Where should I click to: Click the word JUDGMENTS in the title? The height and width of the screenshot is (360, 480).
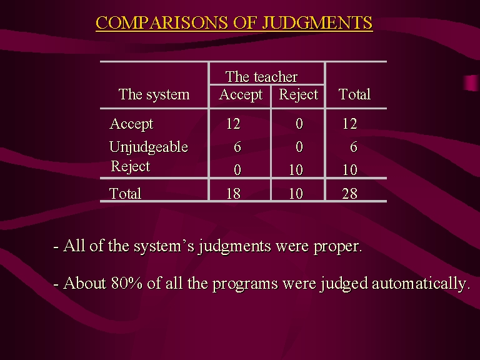click(x=317, y=22)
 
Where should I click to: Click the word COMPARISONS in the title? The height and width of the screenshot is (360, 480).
click(x=162, y=22)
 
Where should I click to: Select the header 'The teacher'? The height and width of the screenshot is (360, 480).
click(x=261, y=76)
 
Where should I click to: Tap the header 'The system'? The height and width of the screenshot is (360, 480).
click(x=154, y=94)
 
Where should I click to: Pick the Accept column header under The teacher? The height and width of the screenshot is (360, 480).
click(x=241, y=94)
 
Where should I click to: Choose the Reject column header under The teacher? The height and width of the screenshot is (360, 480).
click(x=299, y=94)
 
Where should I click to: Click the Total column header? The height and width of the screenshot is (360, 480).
click(x=354, y=94)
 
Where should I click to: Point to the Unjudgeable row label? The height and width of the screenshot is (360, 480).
click(x=149, y=147)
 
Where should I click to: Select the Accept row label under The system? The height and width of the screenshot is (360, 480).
click(x=131, y=124)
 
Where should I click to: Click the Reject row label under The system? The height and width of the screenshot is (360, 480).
click(x=131, y=166)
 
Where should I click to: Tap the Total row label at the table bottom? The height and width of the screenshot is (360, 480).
click(x=125, y=194)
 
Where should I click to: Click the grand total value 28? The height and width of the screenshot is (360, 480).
click(x=349, y=194)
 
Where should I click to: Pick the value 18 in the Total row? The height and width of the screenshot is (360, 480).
click(x=233, y=194)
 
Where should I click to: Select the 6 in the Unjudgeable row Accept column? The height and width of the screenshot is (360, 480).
click(x=237, y=147)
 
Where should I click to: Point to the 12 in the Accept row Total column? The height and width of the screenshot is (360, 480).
click(x=349, y=124)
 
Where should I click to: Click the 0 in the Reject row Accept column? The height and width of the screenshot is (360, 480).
click(x=237, y=170)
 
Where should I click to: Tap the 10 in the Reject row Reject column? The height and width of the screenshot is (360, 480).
click(x=296, y=170)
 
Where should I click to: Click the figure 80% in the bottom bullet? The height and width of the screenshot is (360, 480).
click(x=127, y=283)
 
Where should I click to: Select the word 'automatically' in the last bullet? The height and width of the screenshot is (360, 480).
click(x=421, y=284)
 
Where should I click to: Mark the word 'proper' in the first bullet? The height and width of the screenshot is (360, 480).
click(x=337, y=247)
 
